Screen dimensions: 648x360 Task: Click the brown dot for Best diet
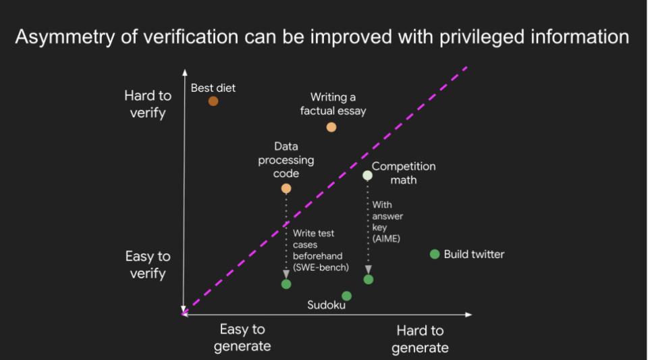213,101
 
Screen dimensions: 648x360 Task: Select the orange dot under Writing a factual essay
331,127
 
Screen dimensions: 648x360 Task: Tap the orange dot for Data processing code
286,188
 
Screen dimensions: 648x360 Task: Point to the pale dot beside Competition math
367,176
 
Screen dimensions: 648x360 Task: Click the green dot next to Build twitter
435,254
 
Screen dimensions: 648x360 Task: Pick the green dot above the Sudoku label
347,296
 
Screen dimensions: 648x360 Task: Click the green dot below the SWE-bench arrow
286,284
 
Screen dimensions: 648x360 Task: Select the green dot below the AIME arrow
369,280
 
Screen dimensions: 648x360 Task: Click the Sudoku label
326,305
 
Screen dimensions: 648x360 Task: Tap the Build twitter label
474,254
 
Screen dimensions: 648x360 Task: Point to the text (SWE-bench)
321,267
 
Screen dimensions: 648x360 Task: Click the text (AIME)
386,238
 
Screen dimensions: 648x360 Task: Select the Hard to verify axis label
148,104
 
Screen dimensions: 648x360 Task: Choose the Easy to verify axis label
148,265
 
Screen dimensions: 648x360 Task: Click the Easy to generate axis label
242,338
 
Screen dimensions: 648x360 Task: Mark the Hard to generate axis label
420,339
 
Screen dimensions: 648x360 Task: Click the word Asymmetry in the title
65,36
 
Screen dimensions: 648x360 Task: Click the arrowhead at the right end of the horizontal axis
468,315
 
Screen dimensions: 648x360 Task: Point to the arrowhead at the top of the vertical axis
185,73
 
